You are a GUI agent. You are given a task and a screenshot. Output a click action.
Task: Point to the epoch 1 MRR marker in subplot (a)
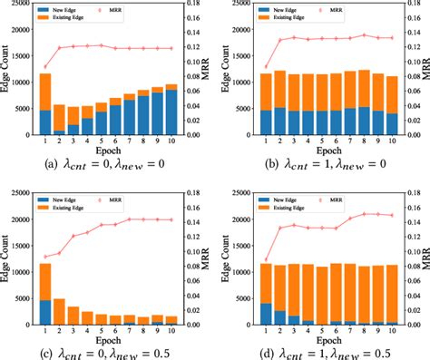click(x=45, y=67)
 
